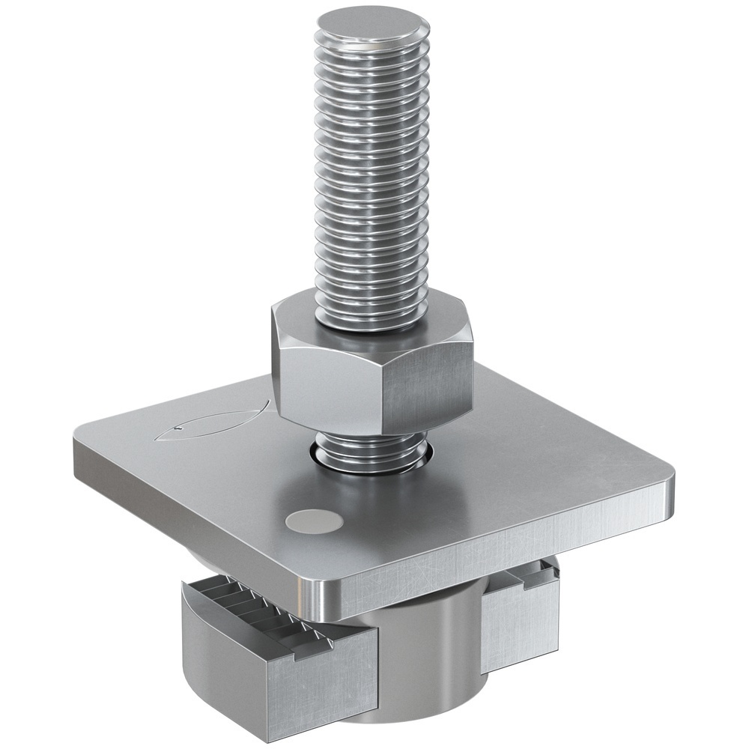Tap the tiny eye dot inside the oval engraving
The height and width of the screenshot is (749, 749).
pyautogui.click(x=178, y=430)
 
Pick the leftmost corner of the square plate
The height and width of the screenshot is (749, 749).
pyautogui.click(x=81, y=434)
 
